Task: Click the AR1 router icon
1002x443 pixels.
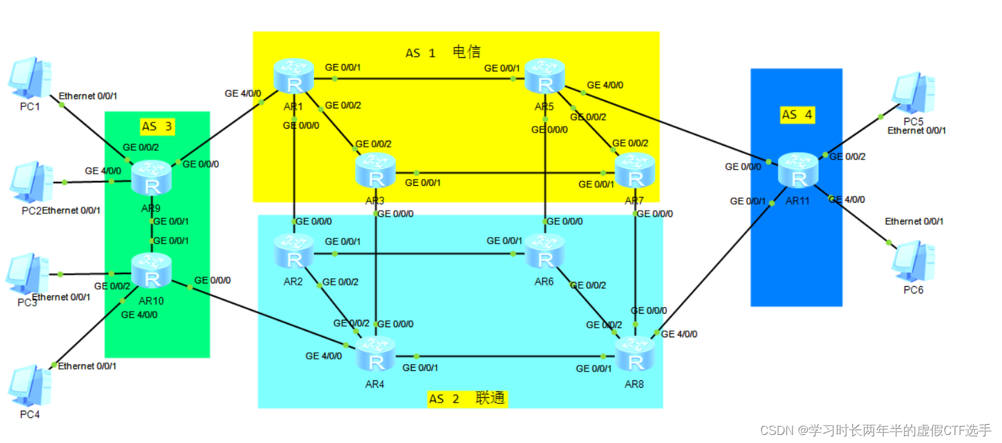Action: tap(294, 75)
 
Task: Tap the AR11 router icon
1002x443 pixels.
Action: tap(799, 169)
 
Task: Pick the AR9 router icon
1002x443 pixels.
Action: tap(152, 178)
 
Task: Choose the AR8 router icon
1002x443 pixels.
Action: tap(634, 355)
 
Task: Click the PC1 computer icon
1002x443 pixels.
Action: tap(30, 79)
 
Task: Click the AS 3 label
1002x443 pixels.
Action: tap(158, 127)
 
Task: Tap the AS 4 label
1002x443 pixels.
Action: tap(797, 114)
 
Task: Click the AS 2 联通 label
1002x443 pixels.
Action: tap(467, 399)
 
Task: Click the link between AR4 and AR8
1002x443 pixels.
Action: tap(505, 357)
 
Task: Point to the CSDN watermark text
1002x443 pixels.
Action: tap(875, 430)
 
